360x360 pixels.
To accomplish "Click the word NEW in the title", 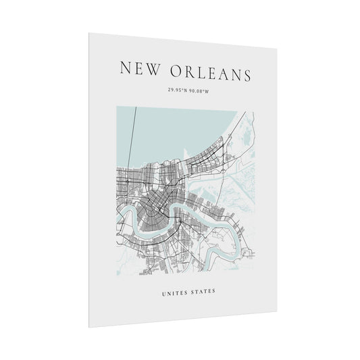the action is pos(140,68).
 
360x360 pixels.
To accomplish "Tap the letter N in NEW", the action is pos(126,67).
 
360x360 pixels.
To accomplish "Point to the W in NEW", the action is pos(154,68).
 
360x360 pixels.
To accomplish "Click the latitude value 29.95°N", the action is pos(176,90).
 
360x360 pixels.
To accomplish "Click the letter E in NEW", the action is pos(139,68).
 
